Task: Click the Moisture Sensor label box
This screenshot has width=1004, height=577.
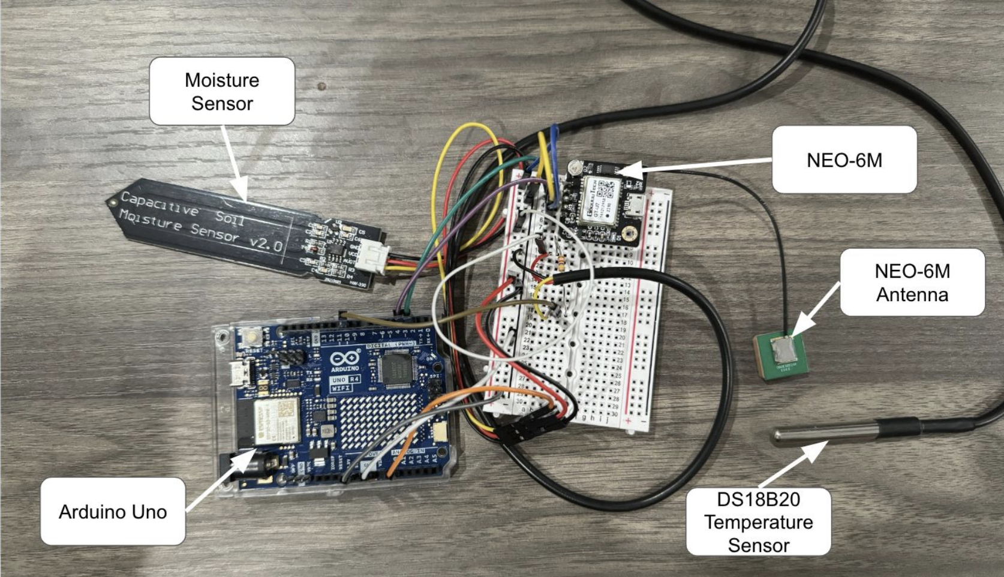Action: (x=222, y=91)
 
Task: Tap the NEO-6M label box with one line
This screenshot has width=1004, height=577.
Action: (x=844, y=160)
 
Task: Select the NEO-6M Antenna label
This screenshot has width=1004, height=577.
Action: (x=912, y=283)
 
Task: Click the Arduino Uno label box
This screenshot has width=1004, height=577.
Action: (x=113, y=511)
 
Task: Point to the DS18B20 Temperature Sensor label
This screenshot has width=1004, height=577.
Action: (x=758, y=522)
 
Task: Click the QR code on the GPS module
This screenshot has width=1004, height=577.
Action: (x=606, y=190)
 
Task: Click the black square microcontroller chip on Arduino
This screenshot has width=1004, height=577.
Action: (x=396, y=366)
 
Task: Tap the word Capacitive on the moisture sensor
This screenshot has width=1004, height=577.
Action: (x=160, y=203)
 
